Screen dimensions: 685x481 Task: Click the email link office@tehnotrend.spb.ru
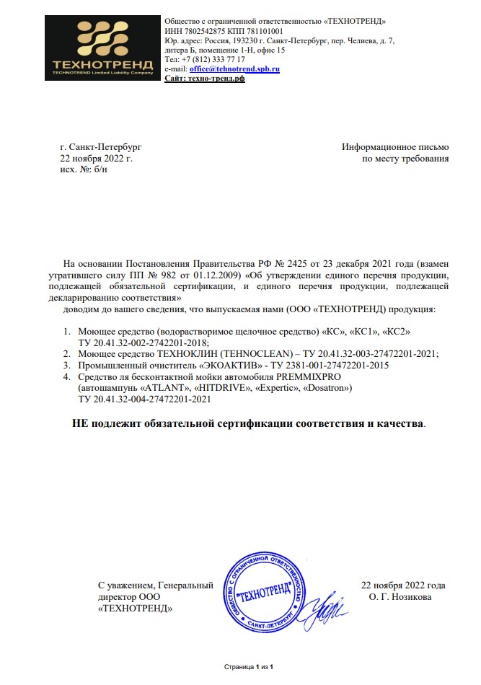point(234,68)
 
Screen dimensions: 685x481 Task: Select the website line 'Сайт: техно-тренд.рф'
point(205,79)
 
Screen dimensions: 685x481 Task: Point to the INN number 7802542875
point(201,31)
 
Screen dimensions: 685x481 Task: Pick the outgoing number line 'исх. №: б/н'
point(84,169)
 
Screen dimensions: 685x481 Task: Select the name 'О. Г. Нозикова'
point(400,597)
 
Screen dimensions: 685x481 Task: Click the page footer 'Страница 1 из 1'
point(249,668)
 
